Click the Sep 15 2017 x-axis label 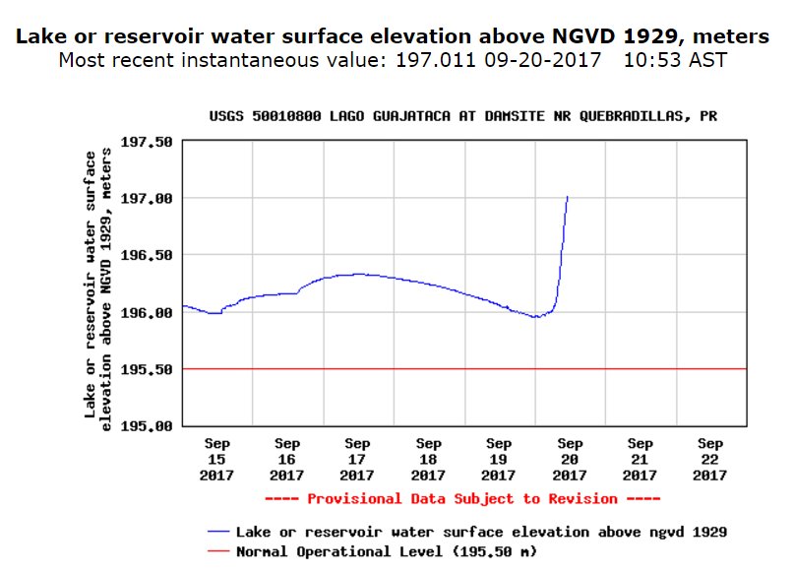(216, 459)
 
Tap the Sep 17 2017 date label (358, 459)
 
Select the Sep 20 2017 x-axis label (570, 459)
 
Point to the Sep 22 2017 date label (710, 459)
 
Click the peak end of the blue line (568, 197)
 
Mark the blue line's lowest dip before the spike (535, 317)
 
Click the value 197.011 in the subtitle (436, 61)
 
